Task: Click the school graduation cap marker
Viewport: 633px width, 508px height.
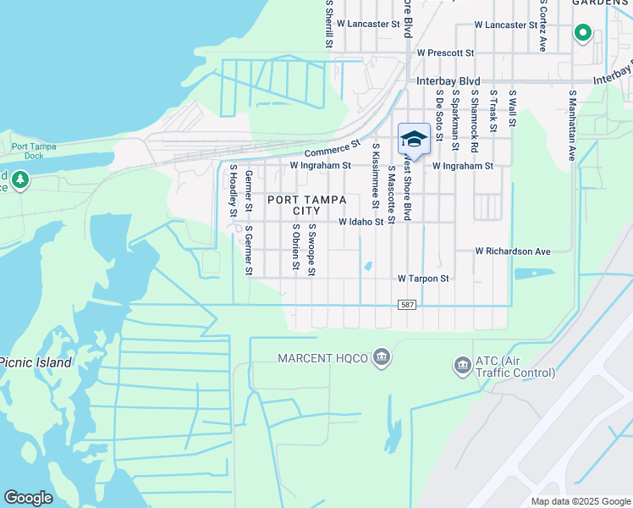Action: tap(414, 139)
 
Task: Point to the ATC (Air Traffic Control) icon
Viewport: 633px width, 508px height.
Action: tap(462, 366)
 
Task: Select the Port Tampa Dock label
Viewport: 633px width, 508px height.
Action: tap(34, 151)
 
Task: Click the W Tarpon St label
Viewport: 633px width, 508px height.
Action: tap(423, 278)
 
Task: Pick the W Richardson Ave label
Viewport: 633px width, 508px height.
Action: tap(513, 251)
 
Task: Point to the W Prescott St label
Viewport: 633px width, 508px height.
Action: tap(445, 52)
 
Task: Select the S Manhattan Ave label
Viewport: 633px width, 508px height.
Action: tap(573, 126)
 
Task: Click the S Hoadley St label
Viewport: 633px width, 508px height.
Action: tap(232, 190)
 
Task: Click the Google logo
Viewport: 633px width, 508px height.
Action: tap(28, 498)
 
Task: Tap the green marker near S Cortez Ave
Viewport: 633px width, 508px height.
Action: tap(582, 33)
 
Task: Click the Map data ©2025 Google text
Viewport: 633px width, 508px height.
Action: tap(579, 501)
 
